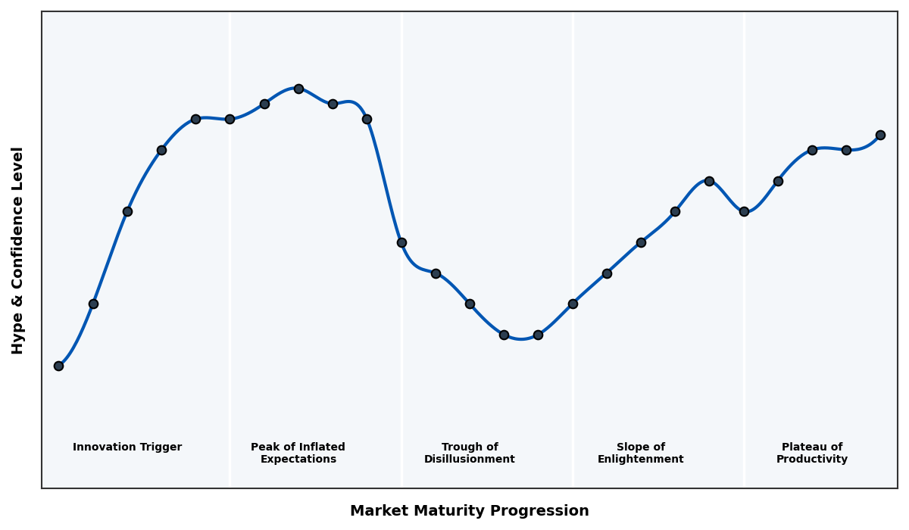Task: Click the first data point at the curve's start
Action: [58, 366]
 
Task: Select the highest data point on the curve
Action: [298, 89]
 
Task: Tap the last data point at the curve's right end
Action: [880, 135]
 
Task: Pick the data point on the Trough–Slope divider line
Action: [573, 304]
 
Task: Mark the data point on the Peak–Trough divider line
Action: [401, 242]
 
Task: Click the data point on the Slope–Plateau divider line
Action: [744, 211]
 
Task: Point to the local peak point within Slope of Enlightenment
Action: [709, 181]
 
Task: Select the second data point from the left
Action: [93, 304]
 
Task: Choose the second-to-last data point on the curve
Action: [846, 150]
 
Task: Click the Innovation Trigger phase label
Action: [127, 447]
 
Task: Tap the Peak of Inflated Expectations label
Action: [298, 453]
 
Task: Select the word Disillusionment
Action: [470, 460]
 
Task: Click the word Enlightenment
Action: [641, 460]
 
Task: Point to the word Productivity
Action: [812, 460]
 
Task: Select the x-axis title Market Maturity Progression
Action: [470, 511]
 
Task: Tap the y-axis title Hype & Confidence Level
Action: [18, 250]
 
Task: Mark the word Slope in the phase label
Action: [632, 447]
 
